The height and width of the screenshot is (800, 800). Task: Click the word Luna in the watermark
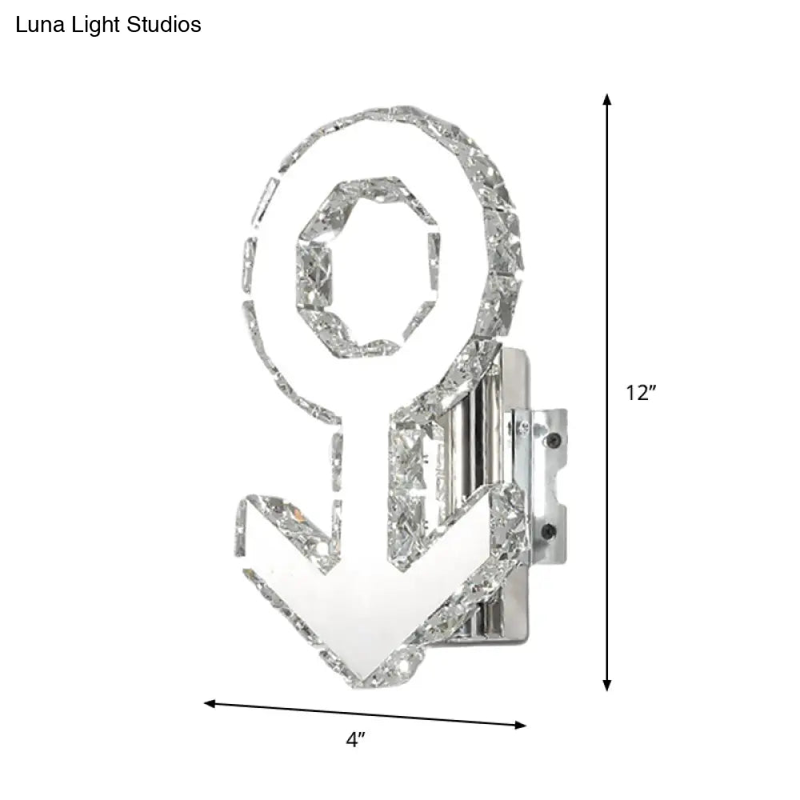36,25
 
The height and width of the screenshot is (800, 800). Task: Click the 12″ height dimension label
640,393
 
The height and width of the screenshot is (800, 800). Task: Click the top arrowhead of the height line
607,99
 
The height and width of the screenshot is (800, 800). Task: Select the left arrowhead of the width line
210,704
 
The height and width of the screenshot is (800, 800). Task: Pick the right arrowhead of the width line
521,726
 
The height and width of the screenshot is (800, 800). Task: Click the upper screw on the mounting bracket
551,439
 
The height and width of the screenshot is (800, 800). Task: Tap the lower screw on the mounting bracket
550,530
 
